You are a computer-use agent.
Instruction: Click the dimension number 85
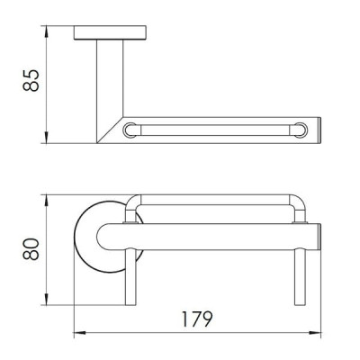(x=31, y=80)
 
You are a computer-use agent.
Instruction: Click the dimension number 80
(x=31, y=249)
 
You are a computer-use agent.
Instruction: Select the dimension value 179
(x=197, y=319)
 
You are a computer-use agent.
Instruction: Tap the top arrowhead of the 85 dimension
(x=47, y=31)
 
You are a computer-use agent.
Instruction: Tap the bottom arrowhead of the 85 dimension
(x=47, y=138)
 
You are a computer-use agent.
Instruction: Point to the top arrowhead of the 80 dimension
(x=47, y=201)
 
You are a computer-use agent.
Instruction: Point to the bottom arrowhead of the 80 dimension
(x=47, y=300)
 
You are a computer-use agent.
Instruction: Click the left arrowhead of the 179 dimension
(x=80, y=333)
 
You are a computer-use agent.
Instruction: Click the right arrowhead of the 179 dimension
(x=315, y=333)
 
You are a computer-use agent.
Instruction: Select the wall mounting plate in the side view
(x=110, y=32)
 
